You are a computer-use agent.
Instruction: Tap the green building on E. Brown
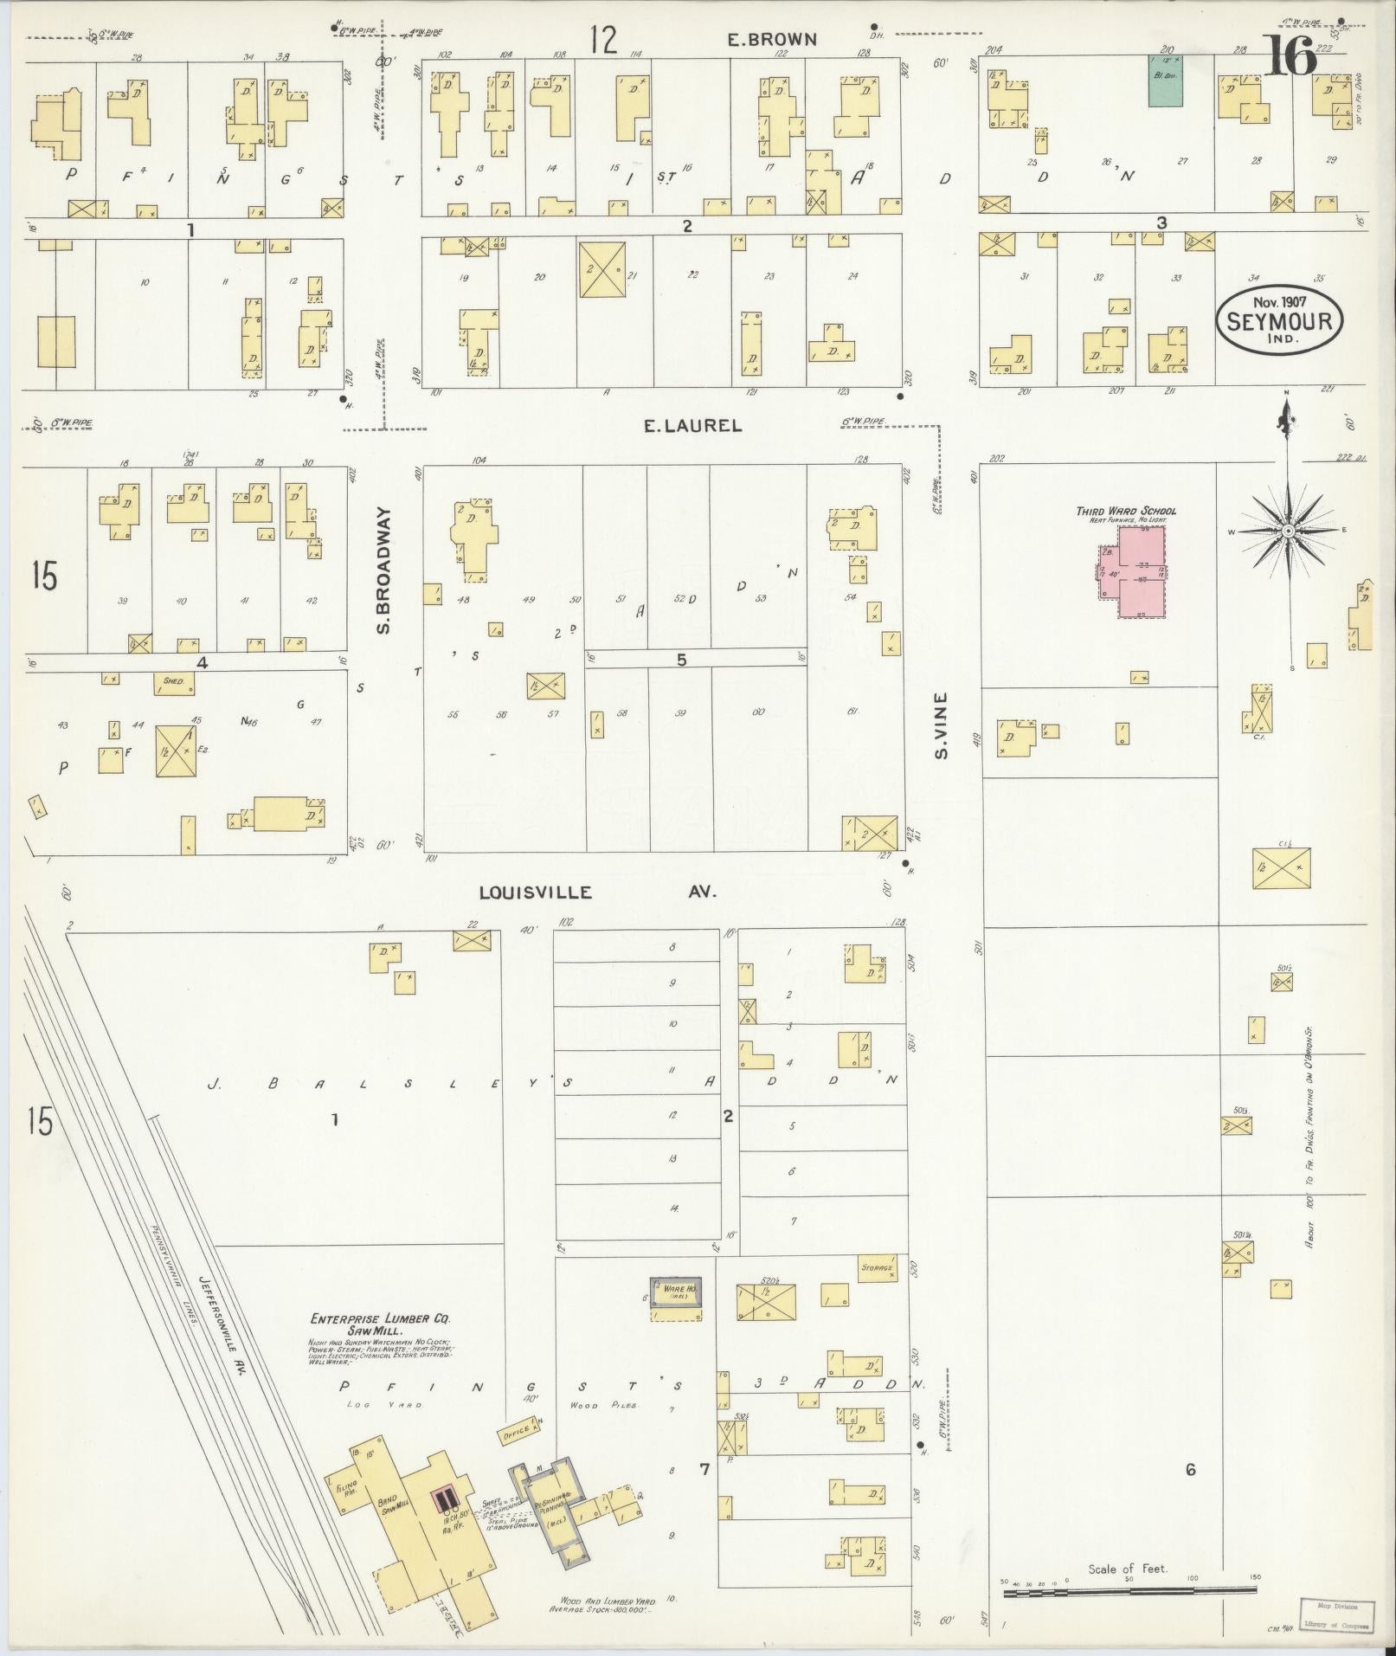[x=1166, y=81]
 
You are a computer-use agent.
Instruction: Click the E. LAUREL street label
[x=692, y=425]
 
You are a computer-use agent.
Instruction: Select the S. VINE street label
[x=942, y=725]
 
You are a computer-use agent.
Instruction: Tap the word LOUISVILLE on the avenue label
[x=536, y=892]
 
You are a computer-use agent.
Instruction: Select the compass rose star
[x=1287, y=530]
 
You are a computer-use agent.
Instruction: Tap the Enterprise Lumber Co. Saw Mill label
[x=382, y=1325]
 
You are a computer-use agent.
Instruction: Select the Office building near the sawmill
[x=519, y=1434]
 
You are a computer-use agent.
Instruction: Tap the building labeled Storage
[x=876, y=1267]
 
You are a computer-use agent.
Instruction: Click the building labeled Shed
[x=174, y=682]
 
